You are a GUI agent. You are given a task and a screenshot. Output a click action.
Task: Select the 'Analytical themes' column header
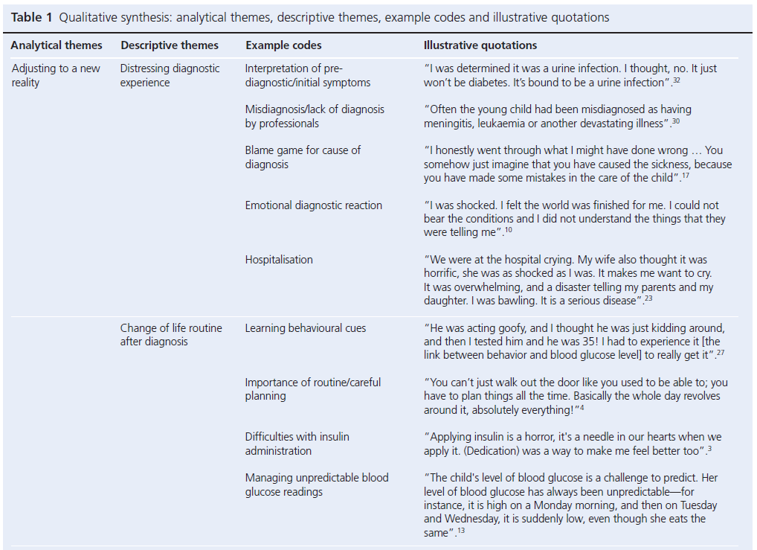coord(57,45)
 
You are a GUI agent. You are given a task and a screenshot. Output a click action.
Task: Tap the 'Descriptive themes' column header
coord(170,45)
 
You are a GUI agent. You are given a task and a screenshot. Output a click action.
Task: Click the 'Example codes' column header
coord(282,45)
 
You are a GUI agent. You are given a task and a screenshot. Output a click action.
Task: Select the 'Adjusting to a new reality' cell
coord(55,75)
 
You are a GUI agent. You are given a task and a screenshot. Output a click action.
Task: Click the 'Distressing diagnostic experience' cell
coord(170,75)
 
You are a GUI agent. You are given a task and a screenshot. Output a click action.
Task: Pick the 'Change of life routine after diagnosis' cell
coord(171,335)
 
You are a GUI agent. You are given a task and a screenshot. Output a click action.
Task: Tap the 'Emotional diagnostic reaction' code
coord(313,205)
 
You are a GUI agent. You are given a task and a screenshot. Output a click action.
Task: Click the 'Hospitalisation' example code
coord(279,260)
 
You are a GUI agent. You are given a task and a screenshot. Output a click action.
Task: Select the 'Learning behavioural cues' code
coord(305,328)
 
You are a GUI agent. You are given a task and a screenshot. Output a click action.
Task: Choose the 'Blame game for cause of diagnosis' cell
coord(303,157)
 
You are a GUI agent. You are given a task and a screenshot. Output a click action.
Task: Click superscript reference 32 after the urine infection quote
coord(676,80)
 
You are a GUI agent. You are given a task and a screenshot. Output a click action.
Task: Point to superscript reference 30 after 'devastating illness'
coord(675,121)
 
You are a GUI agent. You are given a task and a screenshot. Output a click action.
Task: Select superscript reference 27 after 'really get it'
coord(721,354)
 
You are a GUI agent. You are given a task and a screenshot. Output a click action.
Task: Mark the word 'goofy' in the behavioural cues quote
coord(498,328)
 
